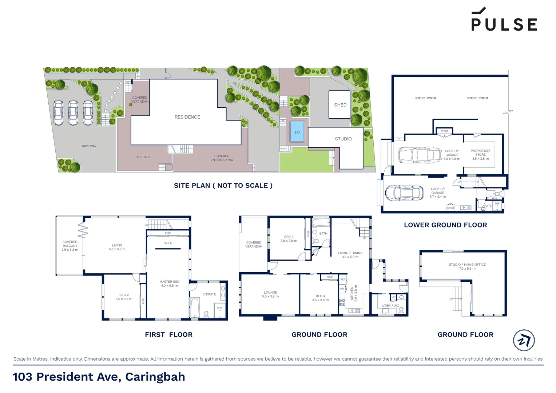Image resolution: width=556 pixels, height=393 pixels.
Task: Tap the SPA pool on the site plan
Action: coord(297,132)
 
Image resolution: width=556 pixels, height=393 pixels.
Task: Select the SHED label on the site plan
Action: coord(340,105)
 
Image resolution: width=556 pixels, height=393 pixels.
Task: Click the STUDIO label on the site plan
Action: coord(343,139)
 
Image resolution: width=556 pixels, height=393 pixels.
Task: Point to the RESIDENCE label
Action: coord(187,117)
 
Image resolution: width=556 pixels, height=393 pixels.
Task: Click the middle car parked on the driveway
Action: coord(73,113)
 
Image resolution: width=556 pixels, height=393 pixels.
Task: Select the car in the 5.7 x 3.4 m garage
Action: coord(404,192)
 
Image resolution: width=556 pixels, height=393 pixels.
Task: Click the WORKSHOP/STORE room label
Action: coord(480,155)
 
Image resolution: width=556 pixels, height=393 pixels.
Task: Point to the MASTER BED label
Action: coord(169,283)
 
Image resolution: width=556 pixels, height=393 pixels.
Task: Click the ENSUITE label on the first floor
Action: coord(209,294)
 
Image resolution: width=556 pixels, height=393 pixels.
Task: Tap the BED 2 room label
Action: coord(124,297)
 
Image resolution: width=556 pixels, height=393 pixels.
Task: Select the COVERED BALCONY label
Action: coord(70,246)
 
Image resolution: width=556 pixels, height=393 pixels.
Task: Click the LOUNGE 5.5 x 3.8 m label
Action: coord(270,294)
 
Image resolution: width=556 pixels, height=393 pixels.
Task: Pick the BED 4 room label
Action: coord(320,298)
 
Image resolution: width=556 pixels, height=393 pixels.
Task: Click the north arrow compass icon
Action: coord(524,340)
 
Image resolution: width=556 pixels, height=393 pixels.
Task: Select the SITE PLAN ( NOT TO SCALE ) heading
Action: coord(223,186)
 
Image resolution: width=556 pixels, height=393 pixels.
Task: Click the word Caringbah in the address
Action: coord(155,377)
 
